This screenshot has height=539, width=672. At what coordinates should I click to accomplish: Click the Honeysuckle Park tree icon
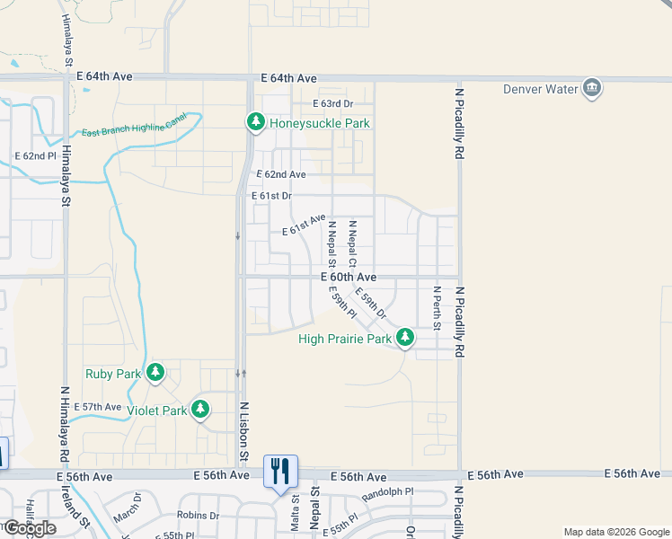(x=255, y=122)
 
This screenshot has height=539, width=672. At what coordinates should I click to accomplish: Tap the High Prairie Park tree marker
(x=405, y=338)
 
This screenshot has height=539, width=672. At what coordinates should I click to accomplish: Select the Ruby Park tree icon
(x=155, y=373)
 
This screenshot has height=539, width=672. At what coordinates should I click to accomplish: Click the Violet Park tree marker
(x=200, y=410)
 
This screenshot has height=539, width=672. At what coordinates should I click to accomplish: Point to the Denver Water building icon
(x=591, y=88)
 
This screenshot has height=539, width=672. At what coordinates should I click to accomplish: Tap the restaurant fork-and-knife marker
(x=279, y=470)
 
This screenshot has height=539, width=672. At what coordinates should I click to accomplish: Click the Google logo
(x=30, y=528)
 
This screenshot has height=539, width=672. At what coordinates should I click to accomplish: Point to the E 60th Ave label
(x=349, y=278)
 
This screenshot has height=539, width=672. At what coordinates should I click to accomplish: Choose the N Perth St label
(x=436, y=308)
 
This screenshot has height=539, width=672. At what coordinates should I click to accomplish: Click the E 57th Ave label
(x=98, y=407)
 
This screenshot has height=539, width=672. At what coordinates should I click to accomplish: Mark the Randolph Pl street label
(x=387, y=493)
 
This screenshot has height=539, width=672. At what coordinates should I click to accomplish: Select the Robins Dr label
(x=198, y=516)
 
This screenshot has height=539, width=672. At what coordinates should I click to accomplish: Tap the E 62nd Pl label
(x=35, y=155)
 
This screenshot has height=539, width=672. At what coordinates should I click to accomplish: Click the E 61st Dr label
(x=274, y=196)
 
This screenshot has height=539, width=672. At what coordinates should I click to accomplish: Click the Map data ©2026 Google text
(x=615, y=532)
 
